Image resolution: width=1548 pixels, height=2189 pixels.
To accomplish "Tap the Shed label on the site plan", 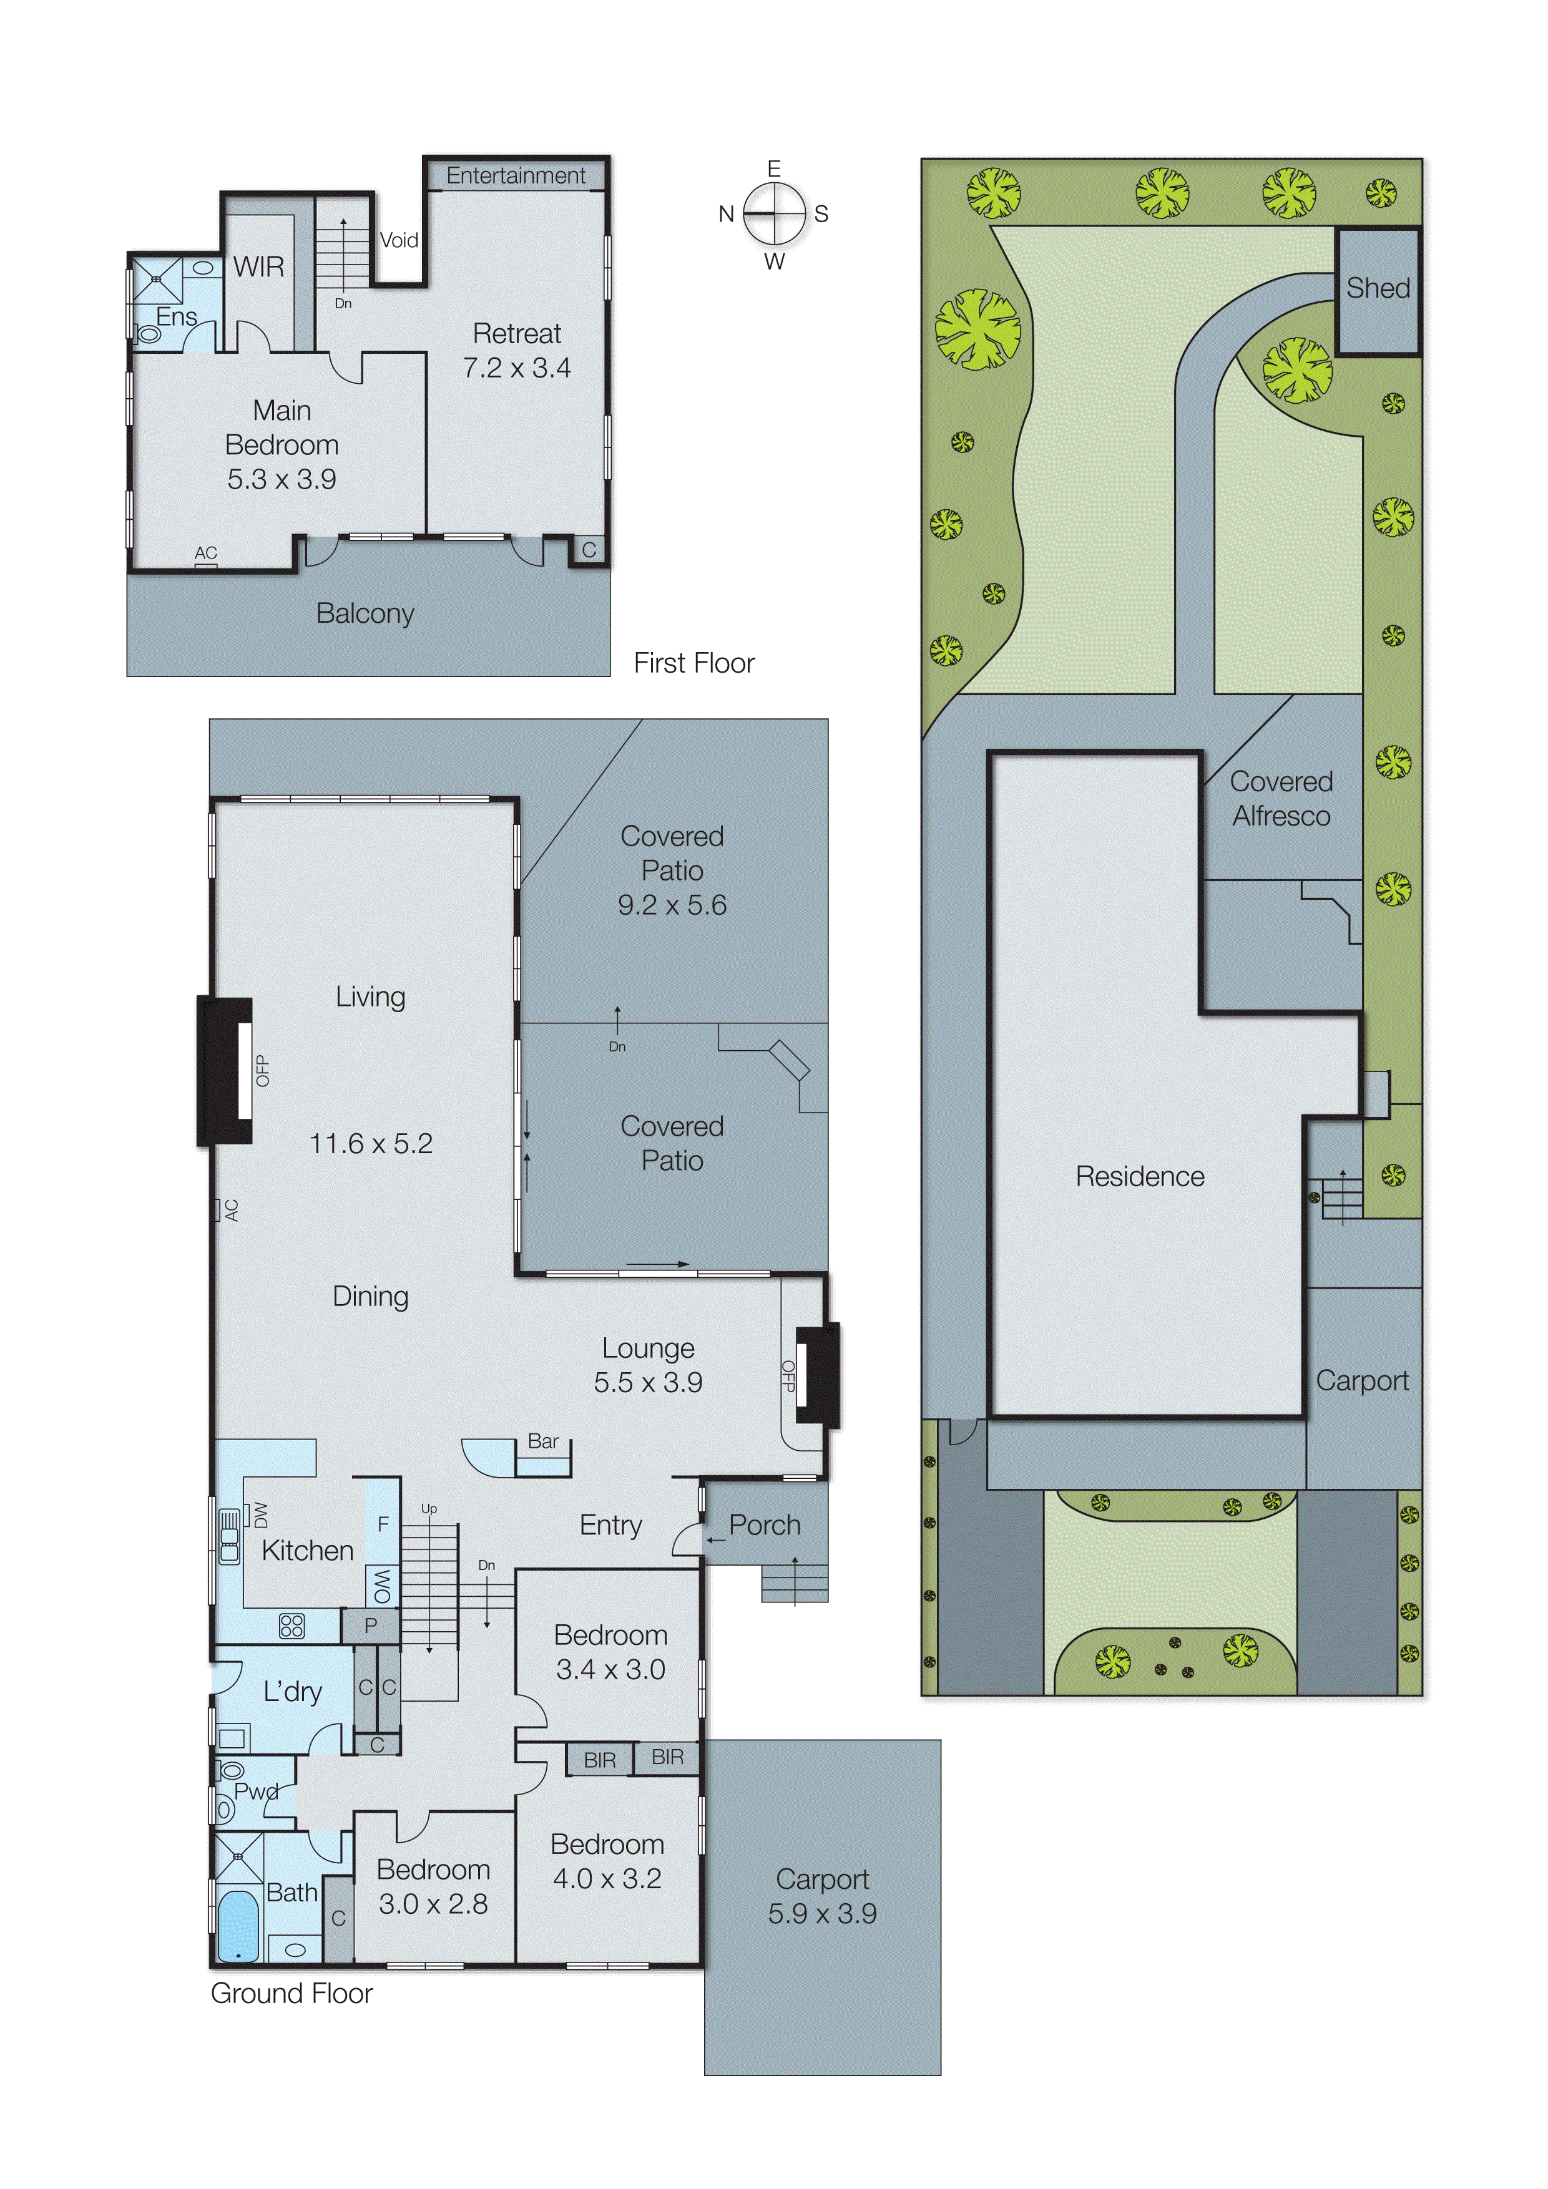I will [1377, 288].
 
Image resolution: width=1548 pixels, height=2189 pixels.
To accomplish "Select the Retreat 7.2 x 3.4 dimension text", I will [517, 368].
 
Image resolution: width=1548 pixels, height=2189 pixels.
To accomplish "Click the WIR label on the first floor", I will [258, 267].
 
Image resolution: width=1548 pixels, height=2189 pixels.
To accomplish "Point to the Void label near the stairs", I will [399, 240].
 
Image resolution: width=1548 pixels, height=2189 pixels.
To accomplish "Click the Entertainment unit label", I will [516, 175].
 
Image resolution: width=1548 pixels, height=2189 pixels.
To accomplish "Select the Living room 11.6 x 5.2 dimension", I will [370, 1143].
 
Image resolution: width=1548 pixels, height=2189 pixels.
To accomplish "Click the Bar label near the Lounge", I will [542, 1441].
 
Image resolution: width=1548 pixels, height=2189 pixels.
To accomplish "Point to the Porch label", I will [764, 1524].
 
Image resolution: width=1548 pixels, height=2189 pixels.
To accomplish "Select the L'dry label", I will [292, 1692].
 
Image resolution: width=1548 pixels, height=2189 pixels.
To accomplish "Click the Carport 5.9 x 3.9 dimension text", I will [822, 1913].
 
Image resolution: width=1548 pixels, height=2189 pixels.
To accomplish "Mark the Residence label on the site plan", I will [1140, 1176].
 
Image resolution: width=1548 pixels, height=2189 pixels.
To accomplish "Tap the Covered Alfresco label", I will [1281, 799].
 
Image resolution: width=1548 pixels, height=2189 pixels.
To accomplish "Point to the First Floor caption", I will [693, 663].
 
